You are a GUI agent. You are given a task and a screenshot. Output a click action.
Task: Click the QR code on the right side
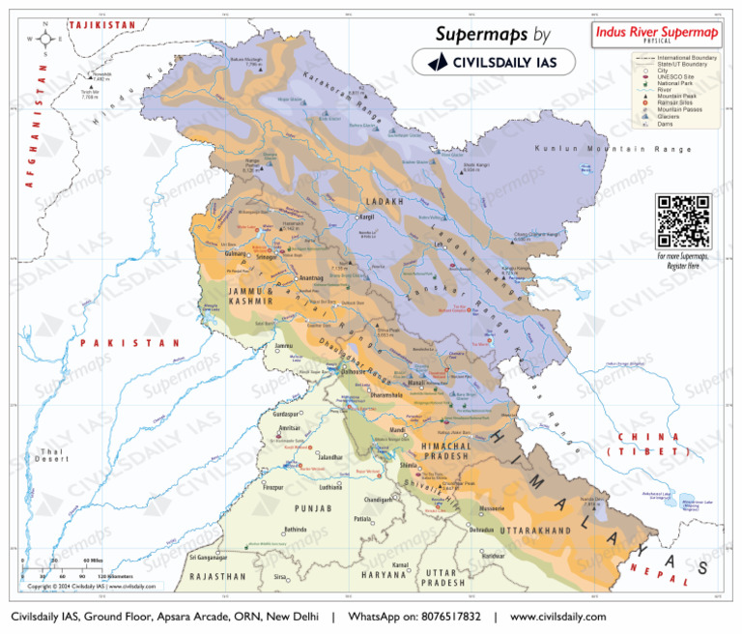click(x=683, y=221)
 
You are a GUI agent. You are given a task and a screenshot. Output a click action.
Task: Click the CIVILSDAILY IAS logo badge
click(x=493, y=62)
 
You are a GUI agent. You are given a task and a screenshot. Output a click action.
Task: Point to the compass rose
click(x=44, y=40)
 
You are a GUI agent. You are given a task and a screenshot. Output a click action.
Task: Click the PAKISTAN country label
click(x=129, y=343)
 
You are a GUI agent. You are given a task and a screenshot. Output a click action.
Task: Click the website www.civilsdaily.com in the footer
click(x=557, y=617)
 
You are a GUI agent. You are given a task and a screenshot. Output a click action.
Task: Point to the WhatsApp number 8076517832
click(x=444, y=617)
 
